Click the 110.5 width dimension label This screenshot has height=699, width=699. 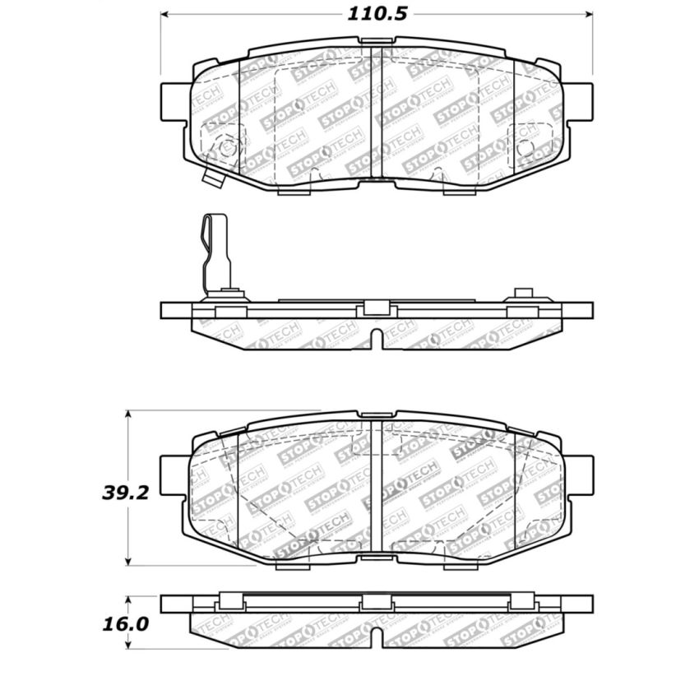(374, 14)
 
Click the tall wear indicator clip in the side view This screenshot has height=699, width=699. (216, 251)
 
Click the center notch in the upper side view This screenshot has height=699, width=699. (377, 340)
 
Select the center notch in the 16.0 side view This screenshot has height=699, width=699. (377, 637)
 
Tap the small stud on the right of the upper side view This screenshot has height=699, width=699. (524, 294)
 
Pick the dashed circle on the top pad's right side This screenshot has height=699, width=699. (527, 148)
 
